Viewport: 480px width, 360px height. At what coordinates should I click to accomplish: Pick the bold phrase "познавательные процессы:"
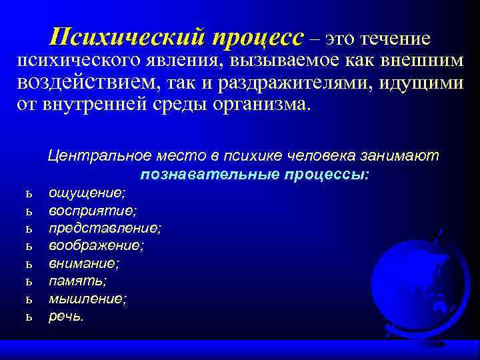tap(255, 175)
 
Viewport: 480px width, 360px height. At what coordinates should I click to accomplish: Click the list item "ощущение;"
tap(87, 193)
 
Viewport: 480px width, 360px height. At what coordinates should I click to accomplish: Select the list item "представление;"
tap(105, 228)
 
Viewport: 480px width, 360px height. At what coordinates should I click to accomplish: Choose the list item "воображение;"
tap(96, 245)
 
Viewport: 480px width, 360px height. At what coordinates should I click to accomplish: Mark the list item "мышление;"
tap(87, 299)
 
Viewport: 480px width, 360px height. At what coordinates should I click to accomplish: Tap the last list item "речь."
tap(67, 316)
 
